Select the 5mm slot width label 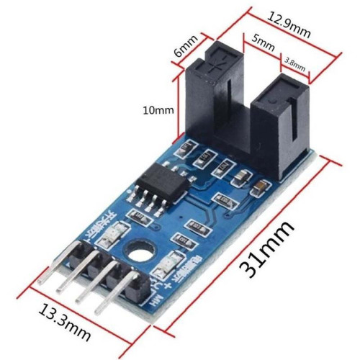[265, 44]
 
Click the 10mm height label [158, 110]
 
